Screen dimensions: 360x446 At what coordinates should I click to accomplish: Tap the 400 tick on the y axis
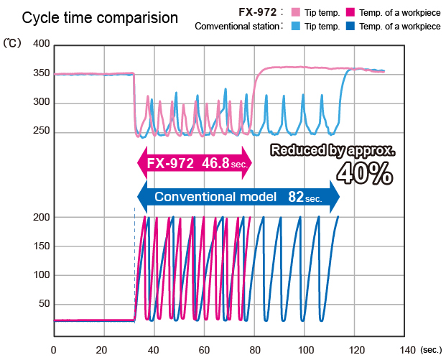pos(41,45)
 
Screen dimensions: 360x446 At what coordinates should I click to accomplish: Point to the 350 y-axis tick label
pos(41,73)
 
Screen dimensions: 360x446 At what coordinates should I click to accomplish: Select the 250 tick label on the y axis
pos(41,131)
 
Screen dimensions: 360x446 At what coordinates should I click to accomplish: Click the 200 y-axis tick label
pos(41,217)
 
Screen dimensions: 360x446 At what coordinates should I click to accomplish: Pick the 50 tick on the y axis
pos(43,304)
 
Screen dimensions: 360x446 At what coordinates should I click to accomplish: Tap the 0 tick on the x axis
pos(53,350)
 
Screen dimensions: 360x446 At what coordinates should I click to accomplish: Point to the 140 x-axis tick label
pos(407,350)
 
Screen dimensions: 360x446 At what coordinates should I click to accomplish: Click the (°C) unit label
pos(14,45)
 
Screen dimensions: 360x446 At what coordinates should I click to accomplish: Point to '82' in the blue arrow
pos(296,196)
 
